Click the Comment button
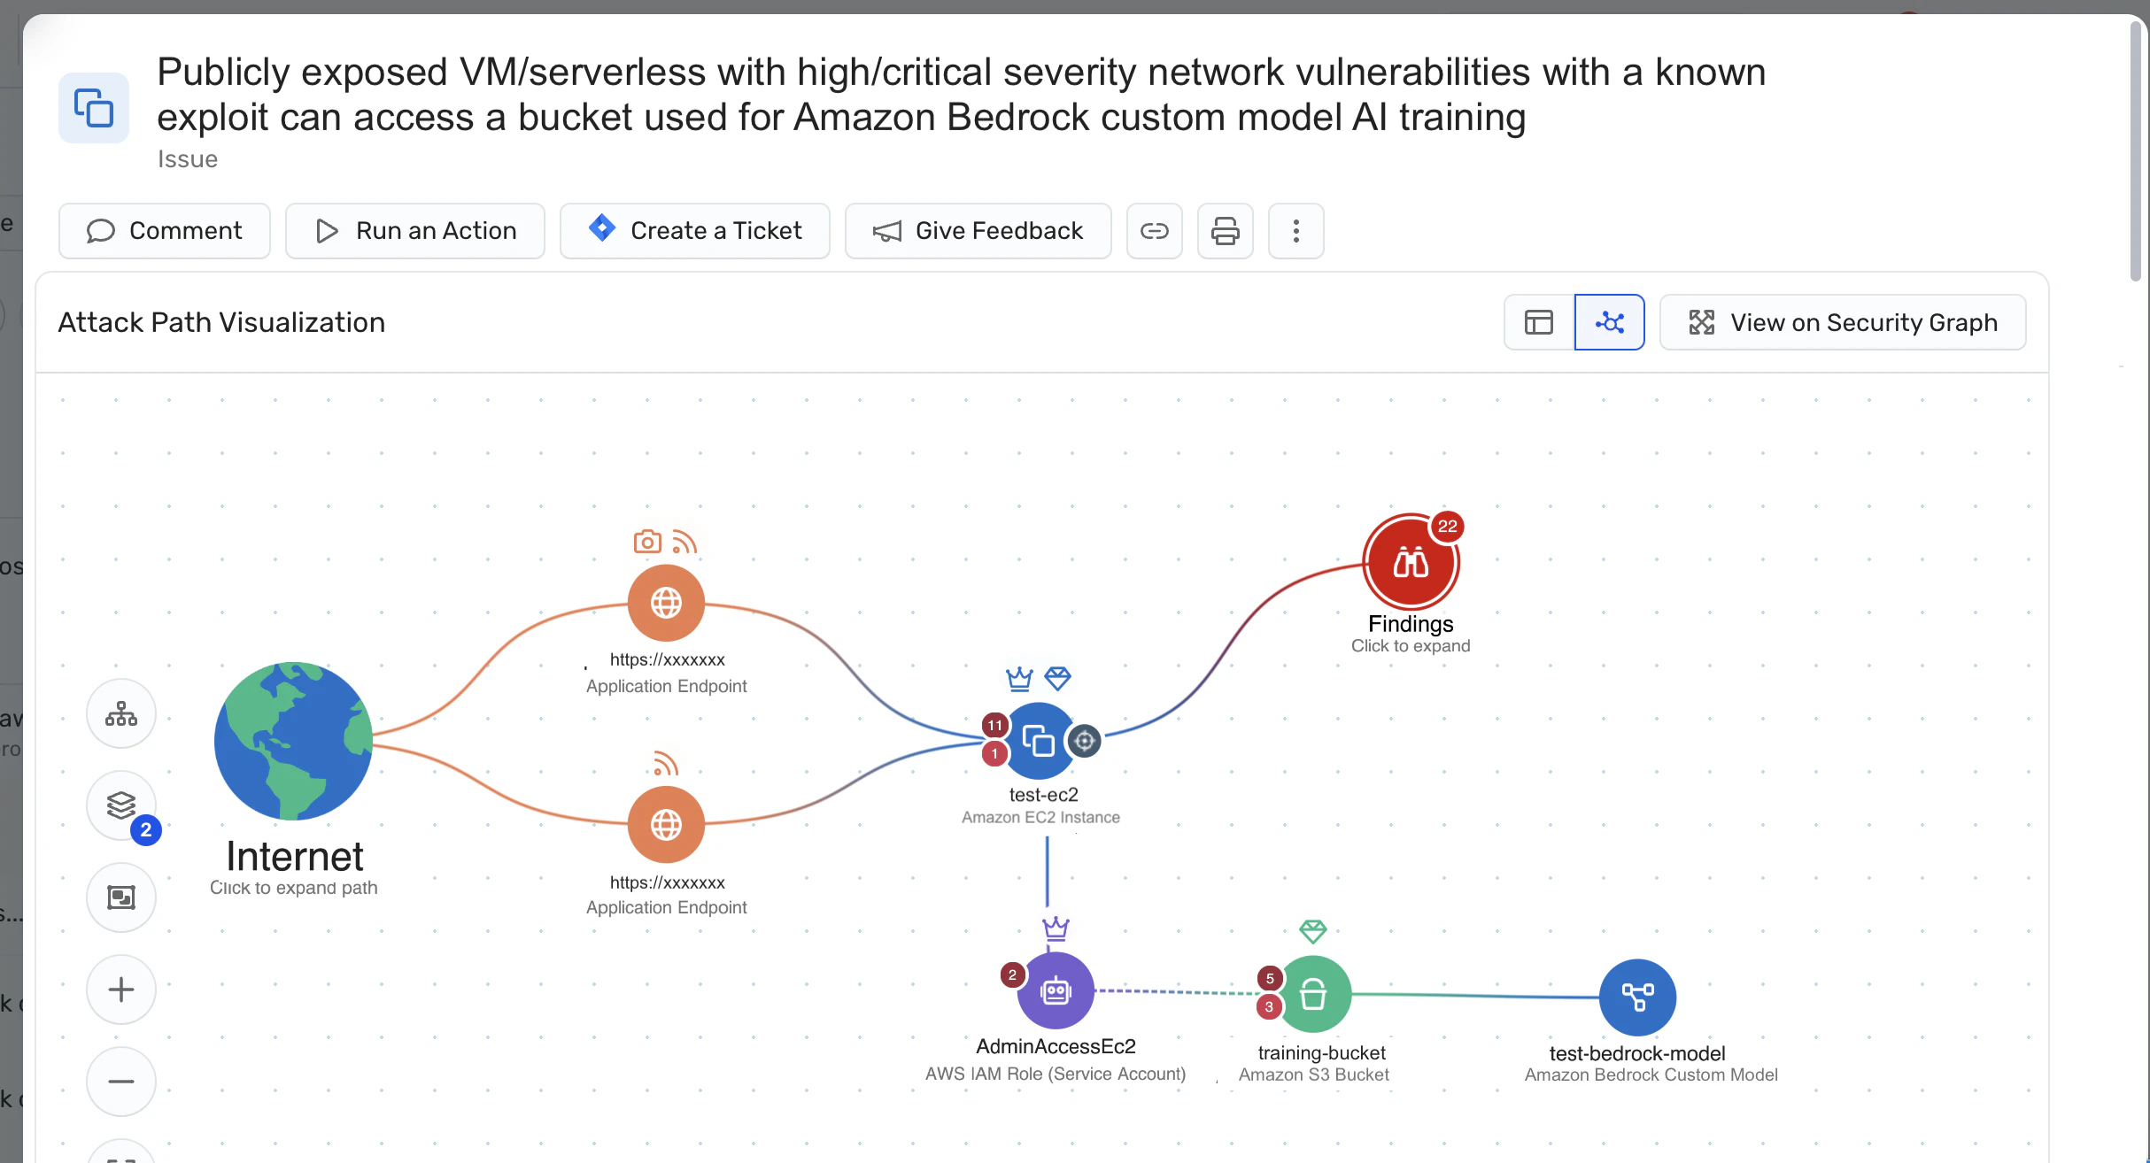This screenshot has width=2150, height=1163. tap(165, 231)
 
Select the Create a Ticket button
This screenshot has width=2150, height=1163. tap(695, 231)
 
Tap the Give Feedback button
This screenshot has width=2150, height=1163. tap(978, 231)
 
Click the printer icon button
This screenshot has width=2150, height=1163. tap(1226, 231)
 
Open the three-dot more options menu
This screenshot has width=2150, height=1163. tap(1296, 231)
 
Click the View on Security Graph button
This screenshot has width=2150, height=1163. tap(1843, 322)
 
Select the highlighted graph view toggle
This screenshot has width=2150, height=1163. tap(1610, 322)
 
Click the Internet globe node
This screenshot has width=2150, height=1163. tap(293, 741)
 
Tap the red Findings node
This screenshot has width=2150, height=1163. tap(1410, 563)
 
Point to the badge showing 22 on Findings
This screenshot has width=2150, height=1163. tap(1448, 526)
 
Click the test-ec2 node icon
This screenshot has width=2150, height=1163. tap(1039, 741)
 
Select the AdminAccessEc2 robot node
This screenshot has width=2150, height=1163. tap(1056, 991)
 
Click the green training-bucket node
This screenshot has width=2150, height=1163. tap(1313, 994)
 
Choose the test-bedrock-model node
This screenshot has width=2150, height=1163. tap(1637, 997)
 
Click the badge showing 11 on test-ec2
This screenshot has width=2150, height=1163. tap(995, 725)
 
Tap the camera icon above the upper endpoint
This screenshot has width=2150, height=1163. tap(647, 542)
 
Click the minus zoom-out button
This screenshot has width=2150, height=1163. tap(121, 1082)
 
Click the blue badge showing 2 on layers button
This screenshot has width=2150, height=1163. tap(146, 830)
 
